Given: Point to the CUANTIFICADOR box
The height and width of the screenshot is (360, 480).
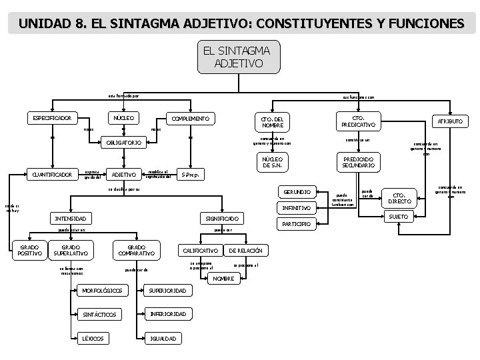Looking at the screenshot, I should coord(53,175).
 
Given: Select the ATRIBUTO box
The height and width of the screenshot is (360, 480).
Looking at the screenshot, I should coord(449,121).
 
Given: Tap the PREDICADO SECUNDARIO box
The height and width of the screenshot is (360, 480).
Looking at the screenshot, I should coord(358,163).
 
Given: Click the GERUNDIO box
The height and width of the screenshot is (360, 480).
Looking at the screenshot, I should coord(297,192).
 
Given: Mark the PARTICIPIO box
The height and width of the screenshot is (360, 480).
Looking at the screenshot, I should coord(297,224).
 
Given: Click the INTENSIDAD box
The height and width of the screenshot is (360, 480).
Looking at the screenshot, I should coord(73,219).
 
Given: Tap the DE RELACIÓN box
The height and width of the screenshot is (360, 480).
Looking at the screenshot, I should coord(247,251).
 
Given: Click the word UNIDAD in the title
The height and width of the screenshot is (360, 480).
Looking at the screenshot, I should coord(45,24).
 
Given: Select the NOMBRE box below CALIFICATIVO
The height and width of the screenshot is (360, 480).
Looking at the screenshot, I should coord(224,278).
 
